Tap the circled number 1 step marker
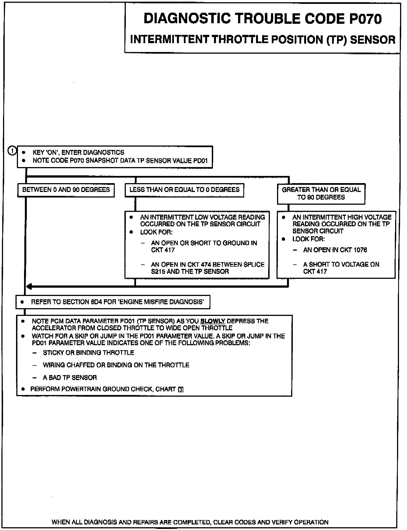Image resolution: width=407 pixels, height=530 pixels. click(12, 151)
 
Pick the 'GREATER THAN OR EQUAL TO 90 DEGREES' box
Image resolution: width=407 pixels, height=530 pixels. click(321, 194)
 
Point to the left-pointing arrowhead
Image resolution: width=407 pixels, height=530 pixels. click(29, 287)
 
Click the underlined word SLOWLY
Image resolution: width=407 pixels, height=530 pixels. click(213, 321)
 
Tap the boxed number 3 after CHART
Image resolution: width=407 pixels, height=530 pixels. click(181, 389)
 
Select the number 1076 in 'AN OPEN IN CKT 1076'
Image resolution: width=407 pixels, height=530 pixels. click(360, 250)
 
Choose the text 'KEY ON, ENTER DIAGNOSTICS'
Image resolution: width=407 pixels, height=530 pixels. click(79, 152)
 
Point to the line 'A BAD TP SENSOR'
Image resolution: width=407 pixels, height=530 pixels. click(70, 378)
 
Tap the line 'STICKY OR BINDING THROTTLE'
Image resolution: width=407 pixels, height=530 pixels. click(88, 353)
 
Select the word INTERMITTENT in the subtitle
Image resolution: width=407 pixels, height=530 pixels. click(169, 40)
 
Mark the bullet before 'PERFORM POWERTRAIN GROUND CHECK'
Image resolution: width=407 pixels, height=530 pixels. click(23, 389)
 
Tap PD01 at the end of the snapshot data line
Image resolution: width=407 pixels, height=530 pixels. click(201, 161)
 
